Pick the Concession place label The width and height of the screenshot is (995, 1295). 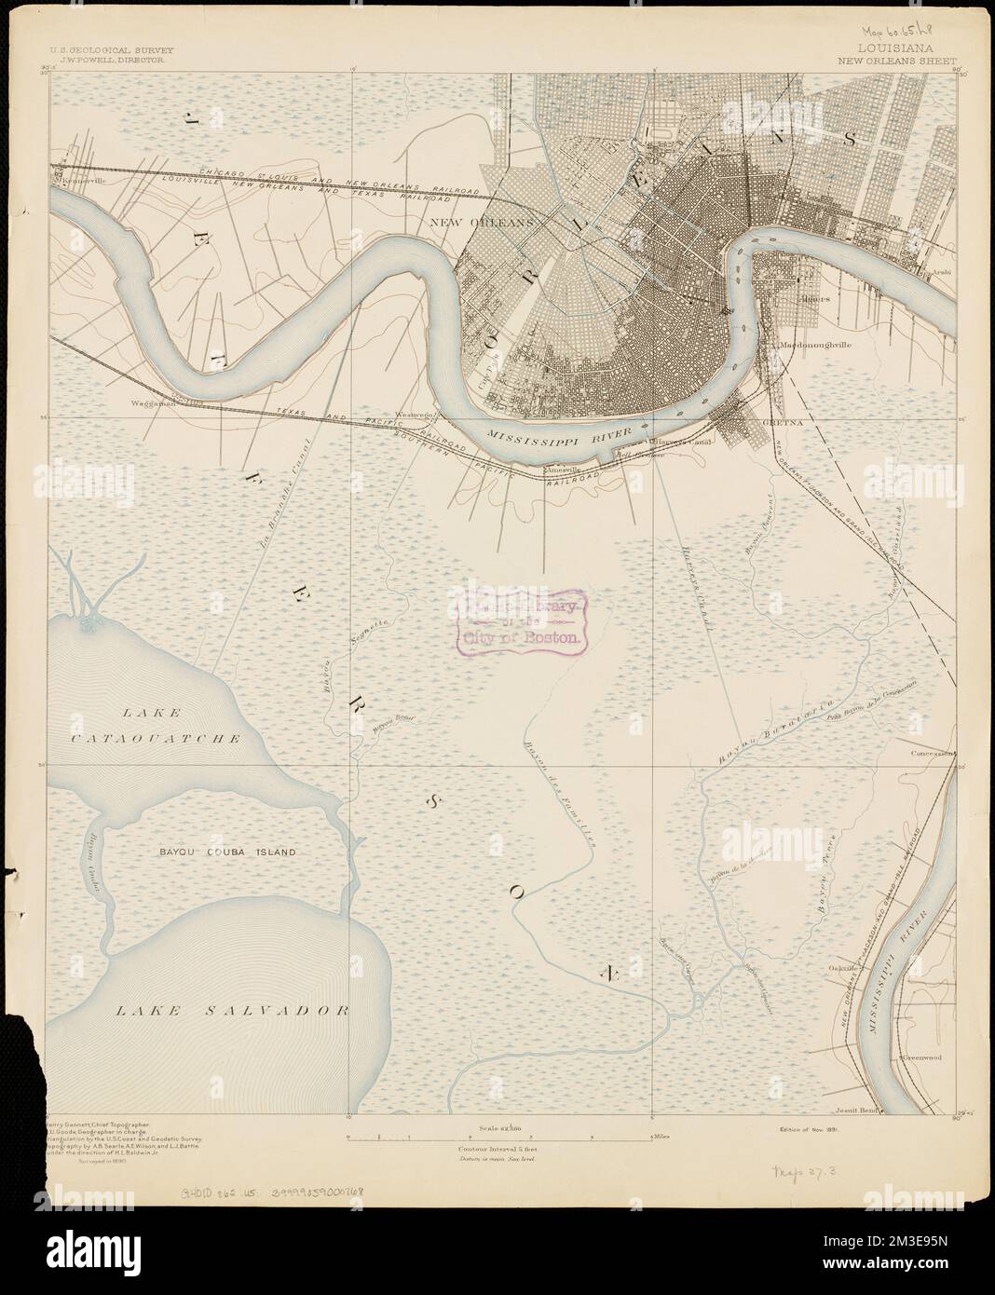click(x=932, y=752)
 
